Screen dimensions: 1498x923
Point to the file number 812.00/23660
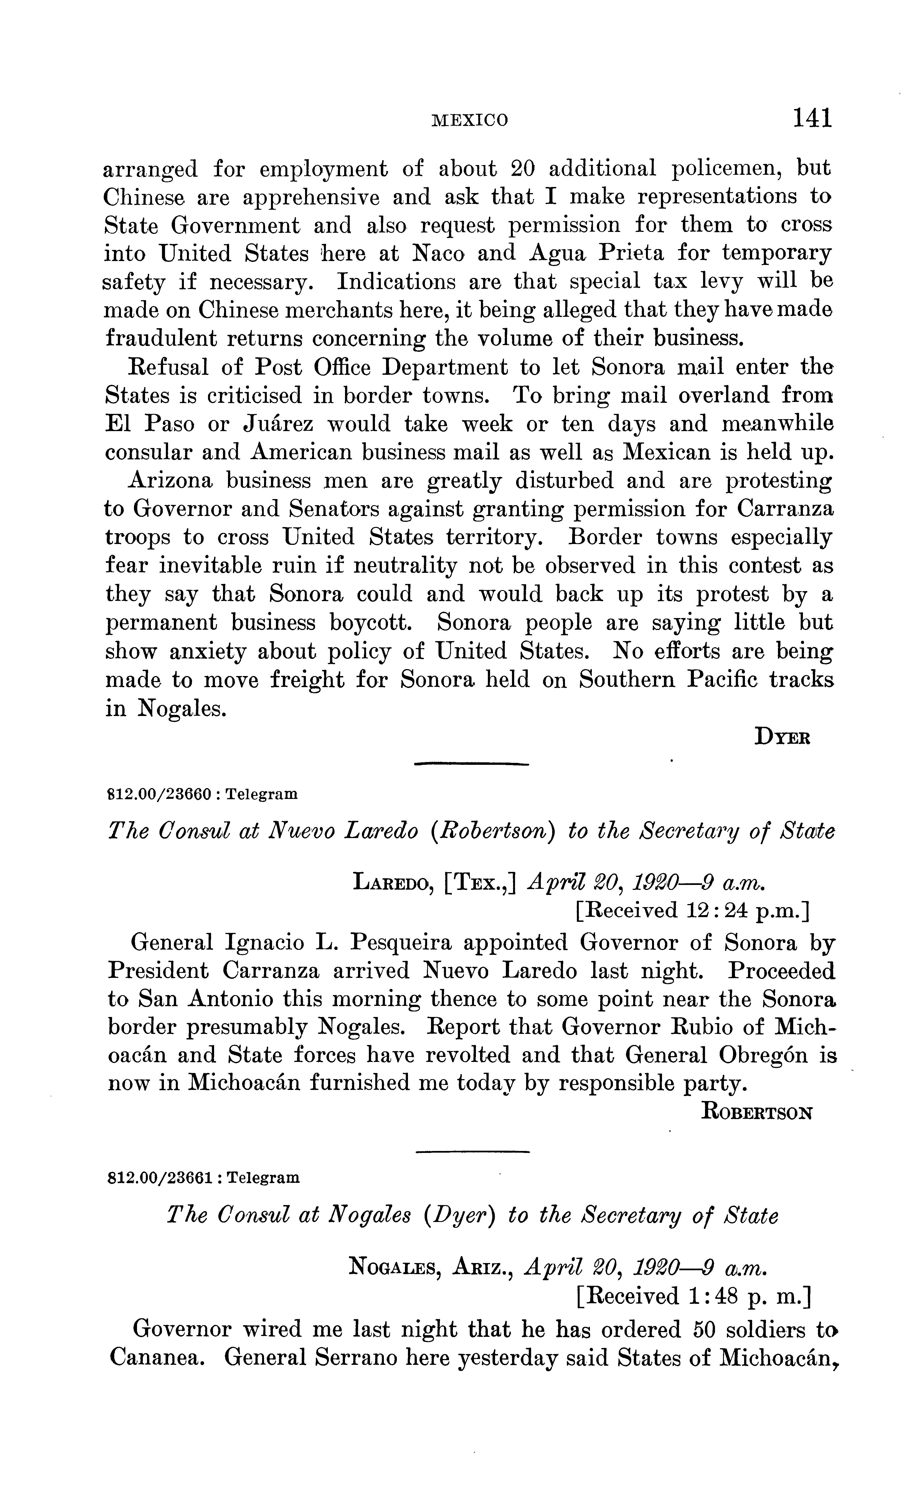pos(160,794)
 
